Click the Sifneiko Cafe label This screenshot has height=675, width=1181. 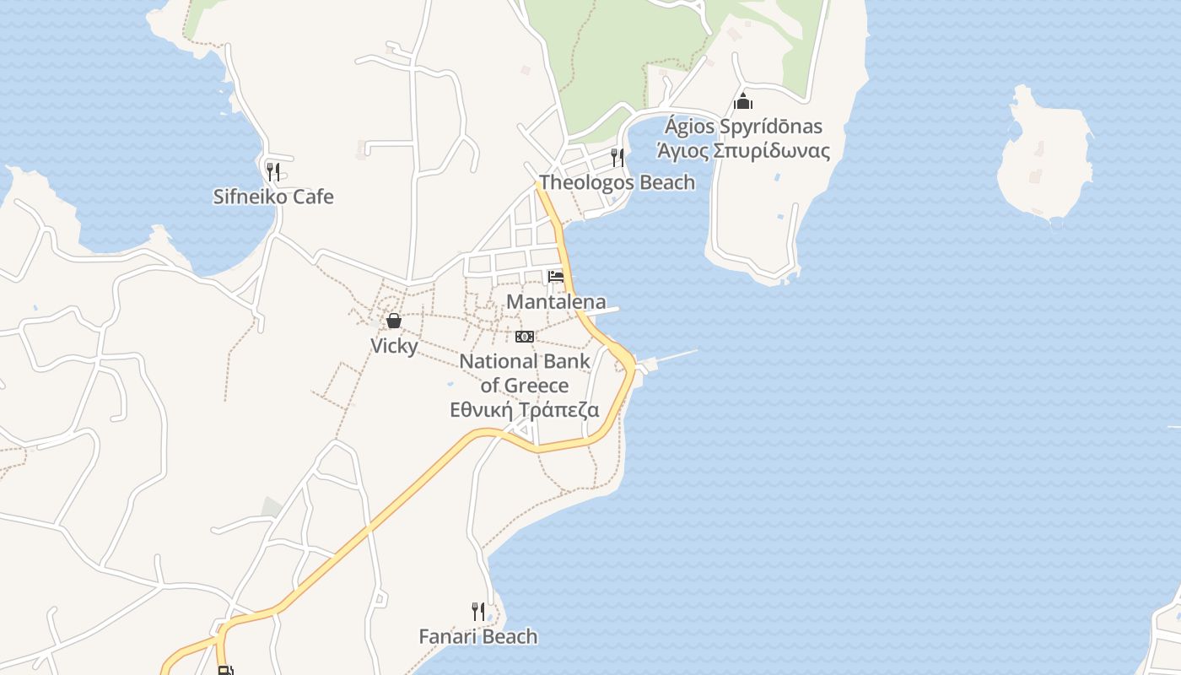point(273,197)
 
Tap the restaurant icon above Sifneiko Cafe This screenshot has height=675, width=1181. point(272,172)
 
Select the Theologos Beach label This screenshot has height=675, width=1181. point(617,182)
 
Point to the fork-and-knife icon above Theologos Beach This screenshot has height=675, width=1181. point(617,157)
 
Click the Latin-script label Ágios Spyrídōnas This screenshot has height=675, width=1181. point(743,127)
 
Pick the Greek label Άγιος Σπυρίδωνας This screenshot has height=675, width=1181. point(743,151)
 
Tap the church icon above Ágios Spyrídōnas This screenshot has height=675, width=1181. point(743,101)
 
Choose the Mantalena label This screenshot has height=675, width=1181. point(556,302)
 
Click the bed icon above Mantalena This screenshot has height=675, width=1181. point(556,277)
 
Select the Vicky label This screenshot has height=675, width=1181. point(394,346)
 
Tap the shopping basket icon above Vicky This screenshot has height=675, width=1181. point(394,321)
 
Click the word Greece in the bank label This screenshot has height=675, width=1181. point(537,386)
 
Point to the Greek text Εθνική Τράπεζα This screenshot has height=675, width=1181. point(525,411)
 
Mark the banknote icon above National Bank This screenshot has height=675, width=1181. point(525,337)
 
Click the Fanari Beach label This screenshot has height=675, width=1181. point(478,636)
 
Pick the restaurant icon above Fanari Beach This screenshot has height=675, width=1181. point(478,611)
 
